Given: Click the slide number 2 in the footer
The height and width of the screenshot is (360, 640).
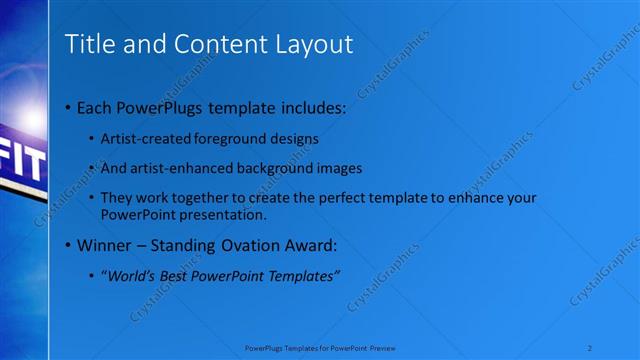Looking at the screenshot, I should click(591, 347).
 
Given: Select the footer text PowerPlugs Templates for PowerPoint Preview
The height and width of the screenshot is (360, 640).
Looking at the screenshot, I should click(320, 347).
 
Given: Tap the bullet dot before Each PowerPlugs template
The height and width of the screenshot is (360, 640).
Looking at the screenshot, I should click(66, 108).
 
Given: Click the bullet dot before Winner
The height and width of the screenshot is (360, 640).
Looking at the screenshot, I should click(66, 245).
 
